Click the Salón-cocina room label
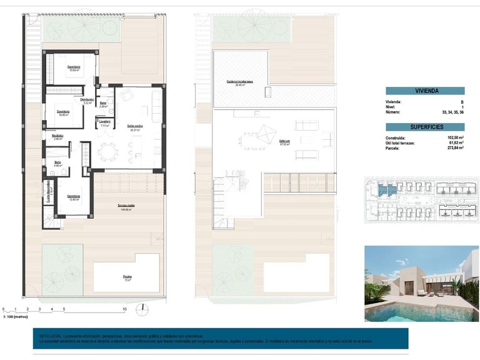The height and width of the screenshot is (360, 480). coord(136,126)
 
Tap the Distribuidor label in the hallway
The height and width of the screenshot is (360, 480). coord(87,100)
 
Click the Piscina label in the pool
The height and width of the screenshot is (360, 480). coord(127,277)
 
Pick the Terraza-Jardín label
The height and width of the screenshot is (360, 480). coord(127,206)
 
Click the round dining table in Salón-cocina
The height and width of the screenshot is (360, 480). coord(107,152)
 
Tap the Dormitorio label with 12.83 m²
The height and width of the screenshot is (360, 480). coord(74,197)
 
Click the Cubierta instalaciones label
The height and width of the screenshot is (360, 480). coord(239,82)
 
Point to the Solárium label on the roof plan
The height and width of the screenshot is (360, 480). coord(284,141)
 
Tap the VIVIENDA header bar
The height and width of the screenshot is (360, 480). coord(425,91)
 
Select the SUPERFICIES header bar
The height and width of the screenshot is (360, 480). coord(425,127)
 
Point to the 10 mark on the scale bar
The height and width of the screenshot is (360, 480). coord(124,309)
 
